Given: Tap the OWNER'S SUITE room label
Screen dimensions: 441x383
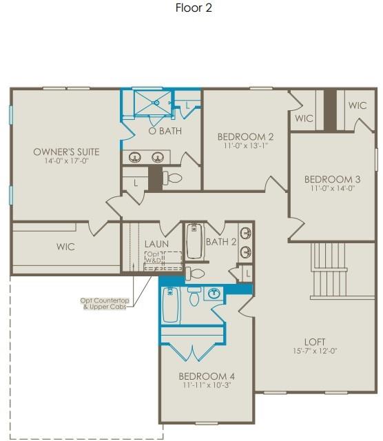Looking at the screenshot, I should [x=66, y=152].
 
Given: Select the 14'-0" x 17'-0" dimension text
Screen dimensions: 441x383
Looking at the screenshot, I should [x=66, y=161].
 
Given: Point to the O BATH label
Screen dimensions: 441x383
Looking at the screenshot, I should [x=165, y=131].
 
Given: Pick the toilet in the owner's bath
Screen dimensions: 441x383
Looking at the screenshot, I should [x=174, y=178].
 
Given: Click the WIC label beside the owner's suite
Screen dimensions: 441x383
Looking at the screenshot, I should [x=65, y=247].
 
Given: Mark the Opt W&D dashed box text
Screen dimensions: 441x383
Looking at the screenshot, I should [x=152, y=258].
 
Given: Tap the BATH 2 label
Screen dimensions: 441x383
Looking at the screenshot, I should [x=220, y=241].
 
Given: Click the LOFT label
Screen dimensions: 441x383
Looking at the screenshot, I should [x=315, y=341].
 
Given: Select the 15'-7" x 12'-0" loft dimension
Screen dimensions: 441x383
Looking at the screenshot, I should [x=315, y=351].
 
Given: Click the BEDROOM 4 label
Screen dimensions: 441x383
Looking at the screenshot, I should [x=207, y=376].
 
